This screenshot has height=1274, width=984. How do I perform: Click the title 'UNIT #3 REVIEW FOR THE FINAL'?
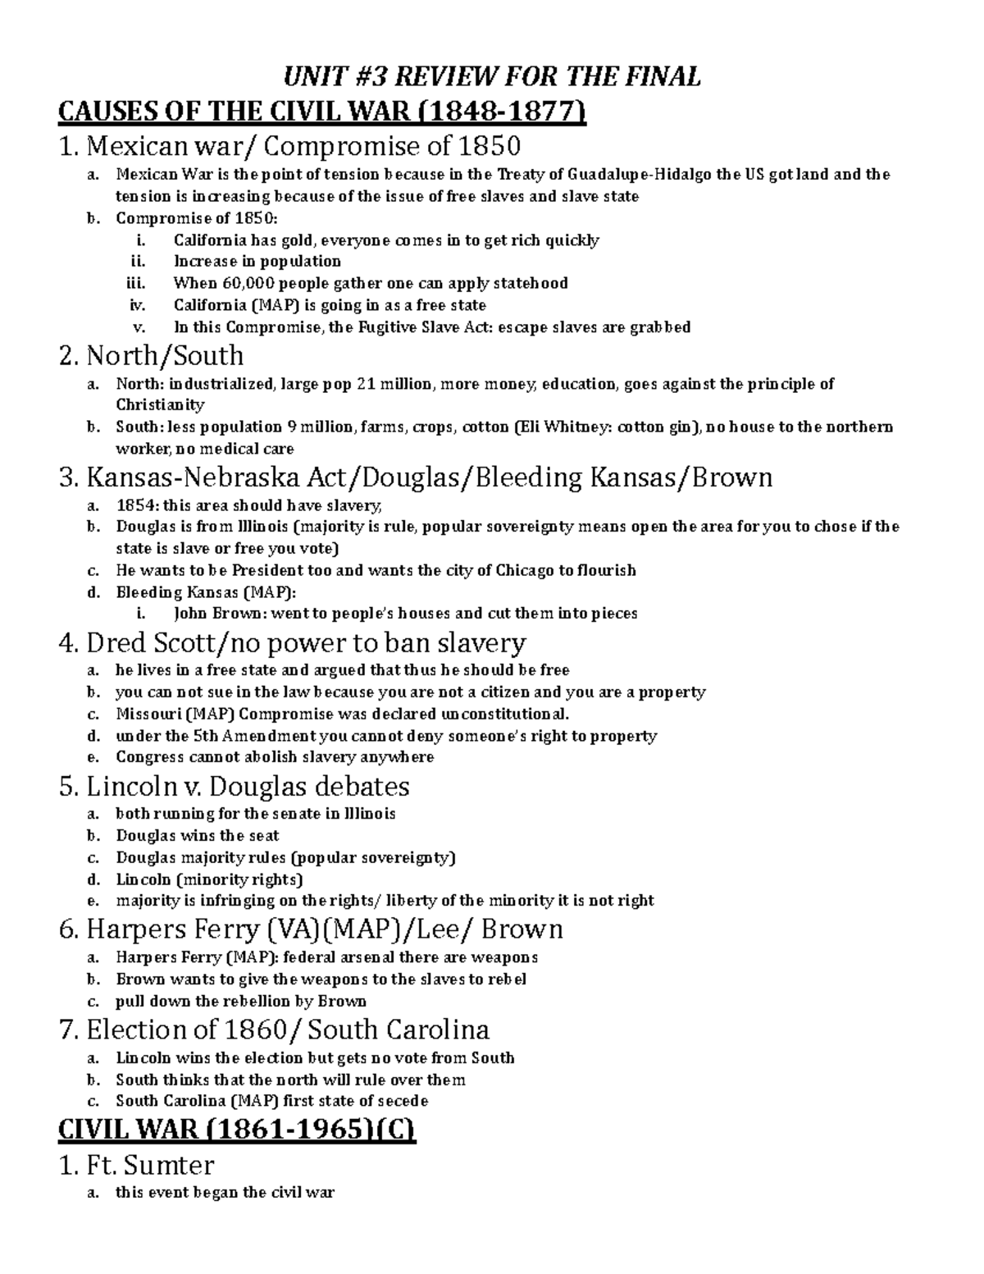coord(492,76)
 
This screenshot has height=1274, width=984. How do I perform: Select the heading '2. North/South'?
coord(152,356)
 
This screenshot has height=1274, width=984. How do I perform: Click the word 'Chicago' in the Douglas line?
coord(525,570)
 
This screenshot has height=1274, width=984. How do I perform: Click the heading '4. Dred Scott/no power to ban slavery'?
coord(293,642)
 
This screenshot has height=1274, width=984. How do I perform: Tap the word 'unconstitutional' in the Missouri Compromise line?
coord(503,714)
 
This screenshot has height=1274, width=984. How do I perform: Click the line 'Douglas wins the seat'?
coord(198,836)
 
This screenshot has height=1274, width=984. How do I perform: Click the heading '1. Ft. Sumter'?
coord(137,1165)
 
